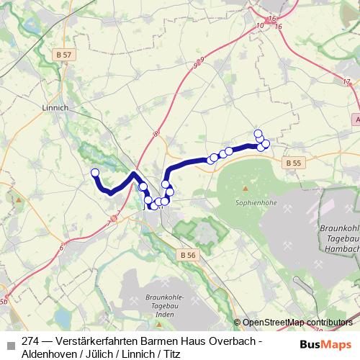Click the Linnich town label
pyautogui.click(x=55, y=108)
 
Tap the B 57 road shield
pyautogui.click(x=66, y=55)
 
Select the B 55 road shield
pyautogui.click(x=292, y=163)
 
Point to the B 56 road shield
pyautogui.click(x=188, y=256)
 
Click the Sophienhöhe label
pyautogui.click(x=251, y=203)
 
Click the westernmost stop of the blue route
pyautogui.click(x=94, y=172)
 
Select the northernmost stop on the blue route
pyautogui.click(x=258, y=133)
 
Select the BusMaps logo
pyautogui.click(x=326, y=344)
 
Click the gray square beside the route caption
pyautogui.click(x=10, y=343)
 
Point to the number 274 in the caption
pyautogui.click(x=31, y=341)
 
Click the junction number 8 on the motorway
pyautogui.click(x=154, y=133)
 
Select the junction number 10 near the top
pyautogui.click(x=258, y=26)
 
